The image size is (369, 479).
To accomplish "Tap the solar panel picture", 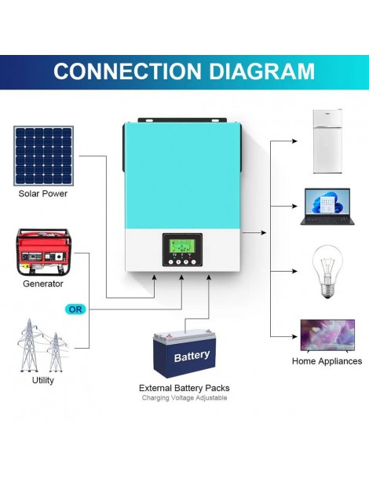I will pos(43,155).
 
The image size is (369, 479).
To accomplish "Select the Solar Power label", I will pos(43,193).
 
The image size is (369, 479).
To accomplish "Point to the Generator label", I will pos(43,283).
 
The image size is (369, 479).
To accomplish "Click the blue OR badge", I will pos(75,309).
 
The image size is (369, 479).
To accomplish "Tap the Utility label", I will pos(43,380).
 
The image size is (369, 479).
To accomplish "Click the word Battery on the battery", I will pos(192,357).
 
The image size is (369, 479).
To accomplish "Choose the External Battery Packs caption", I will pos(184,388).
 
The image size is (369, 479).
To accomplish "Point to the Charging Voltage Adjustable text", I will pos(184,399).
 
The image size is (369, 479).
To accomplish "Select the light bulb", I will pos(325,272).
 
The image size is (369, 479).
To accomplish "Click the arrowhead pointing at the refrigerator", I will pos(294,142).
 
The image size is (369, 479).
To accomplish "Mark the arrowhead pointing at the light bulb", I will pos(294,272).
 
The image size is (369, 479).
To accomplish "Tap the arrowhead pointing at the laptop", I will pos(294,207).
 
